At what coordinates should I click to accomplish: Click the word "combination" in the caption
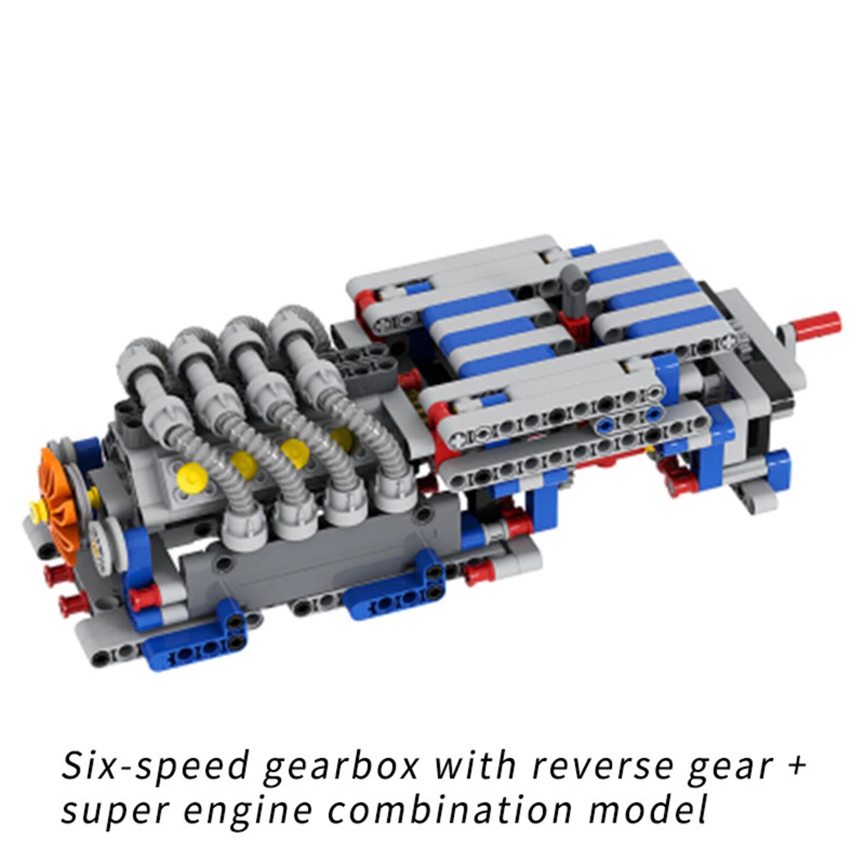tap(451, 811)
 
